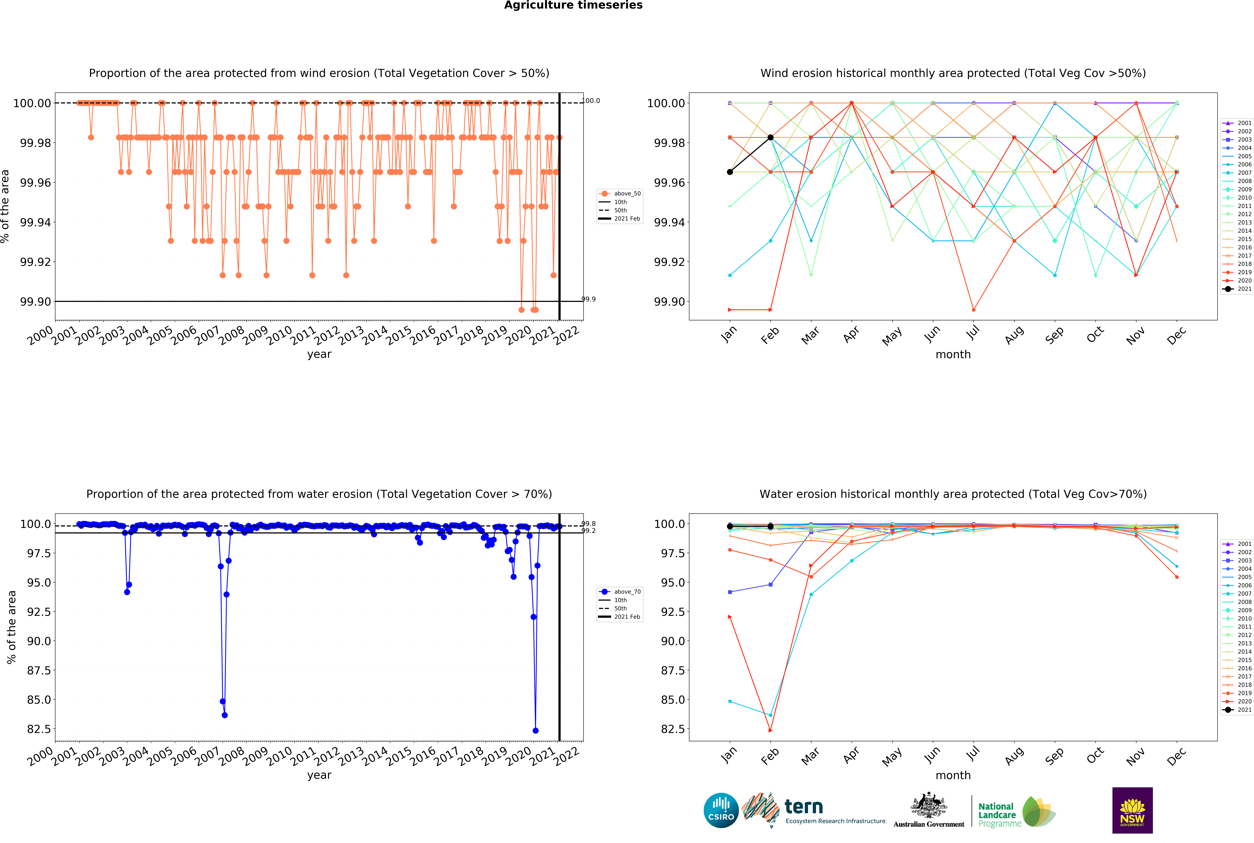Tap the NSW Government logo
pyautogui.click(x=1132, y=810)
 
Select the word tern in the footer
pyautogui.click(x=804, y=806)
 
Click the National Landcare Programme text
pyautogui.click(x=997, y=814)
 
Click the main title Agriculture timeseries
pyautogui.click(x=573, y=5)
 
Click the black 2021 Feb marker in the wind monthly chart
pyautogui.click(x=770, y=138)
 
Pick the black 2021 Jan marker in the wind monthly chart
pyautogui.click(x=729, y=172)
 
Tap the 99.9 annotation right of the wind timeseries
pyautogui.click(x=589, y=300)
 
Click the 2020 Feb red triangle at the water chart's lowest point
pyautogui.click(x=770, y=731)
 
